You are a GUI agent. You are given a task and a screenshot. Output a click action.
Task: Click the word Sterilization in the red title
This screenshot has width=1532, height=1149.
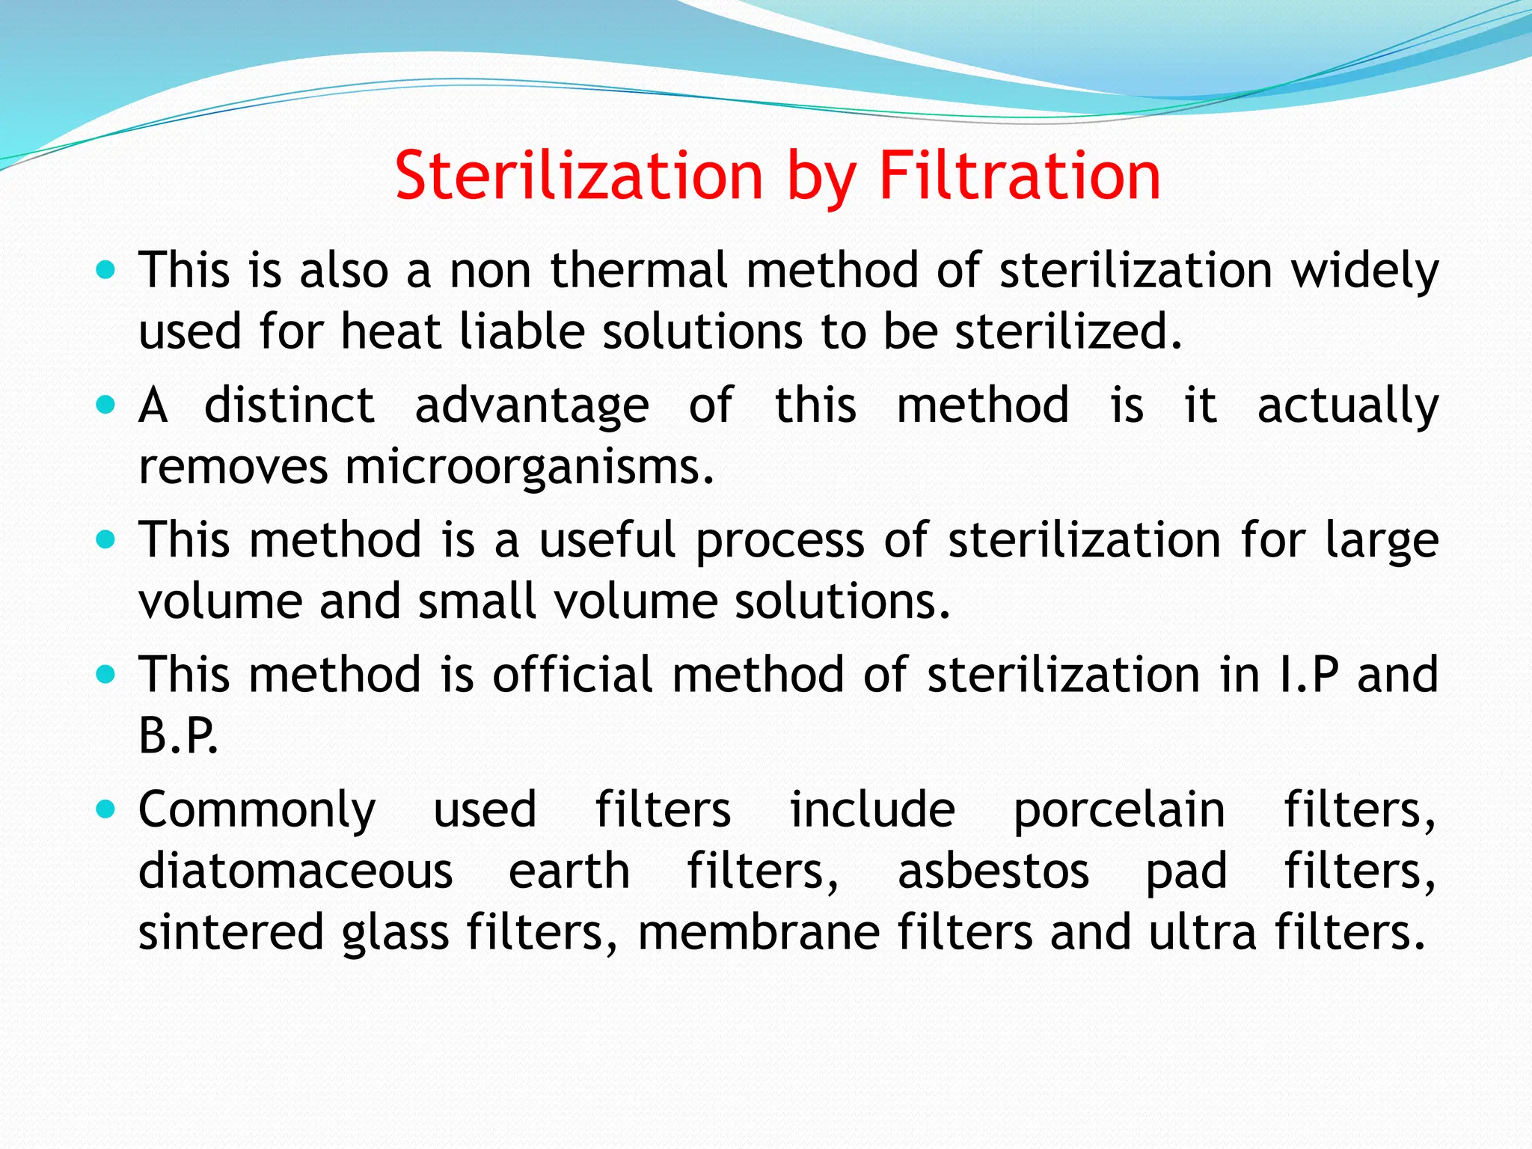[x=578, y=177]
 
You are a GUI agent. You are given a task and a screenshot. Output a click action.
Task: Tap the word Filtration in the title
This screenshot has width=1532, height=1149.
[x=1019, y=177]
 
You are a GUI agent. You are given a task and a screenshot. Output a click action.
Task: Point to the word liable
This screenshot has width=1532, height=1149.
[x=521, y=331]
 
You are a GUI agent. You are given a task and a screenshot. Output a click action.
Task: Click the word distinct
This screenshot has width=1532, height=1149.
[x=289, y=405]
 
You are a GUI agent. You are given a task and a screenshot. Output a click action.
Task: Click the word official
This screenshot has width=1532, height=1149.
[x=572, y=675]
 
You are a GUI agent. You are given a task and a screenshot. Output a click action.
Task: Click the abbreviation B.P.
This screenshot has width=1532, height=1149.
[x=178, y=736]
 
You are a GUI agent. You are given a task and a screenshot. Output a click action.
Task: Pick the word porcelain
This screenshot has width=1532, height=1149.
[x=1118, y=811]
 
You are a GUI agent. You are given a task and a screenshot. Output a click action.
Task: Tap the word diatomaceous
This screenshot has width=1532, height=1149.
[x=295, y=871]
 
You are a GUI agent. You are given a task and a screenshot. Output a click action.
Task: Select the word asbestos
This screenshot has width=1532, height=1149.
[x=993, y=871]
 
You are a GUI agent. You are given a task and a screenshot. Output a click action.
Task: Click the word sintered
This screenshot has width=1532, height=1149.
[x=230, y=933]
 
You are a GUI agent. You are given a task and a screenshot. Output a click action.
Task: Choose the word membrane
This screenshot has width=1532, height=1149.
[x=759, y=933]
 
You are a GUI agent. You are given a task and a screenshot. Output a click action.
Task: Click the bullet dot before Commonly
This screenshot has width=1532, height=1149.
[x=107, y=809]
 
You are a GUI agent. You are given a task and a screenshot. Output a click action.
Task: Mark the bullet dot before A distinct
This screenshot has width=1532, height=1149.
[x=107, y=405]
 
